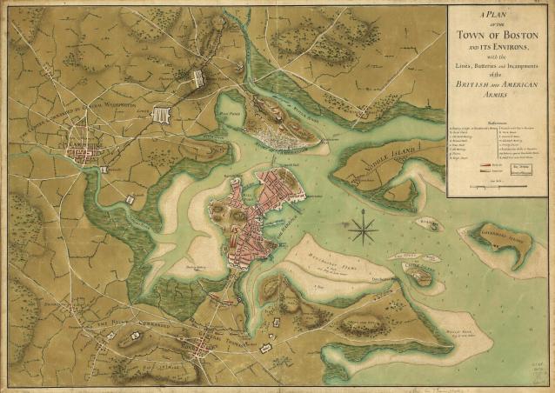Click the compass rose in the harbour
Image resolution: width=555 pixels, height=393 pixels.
point(364,230)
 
